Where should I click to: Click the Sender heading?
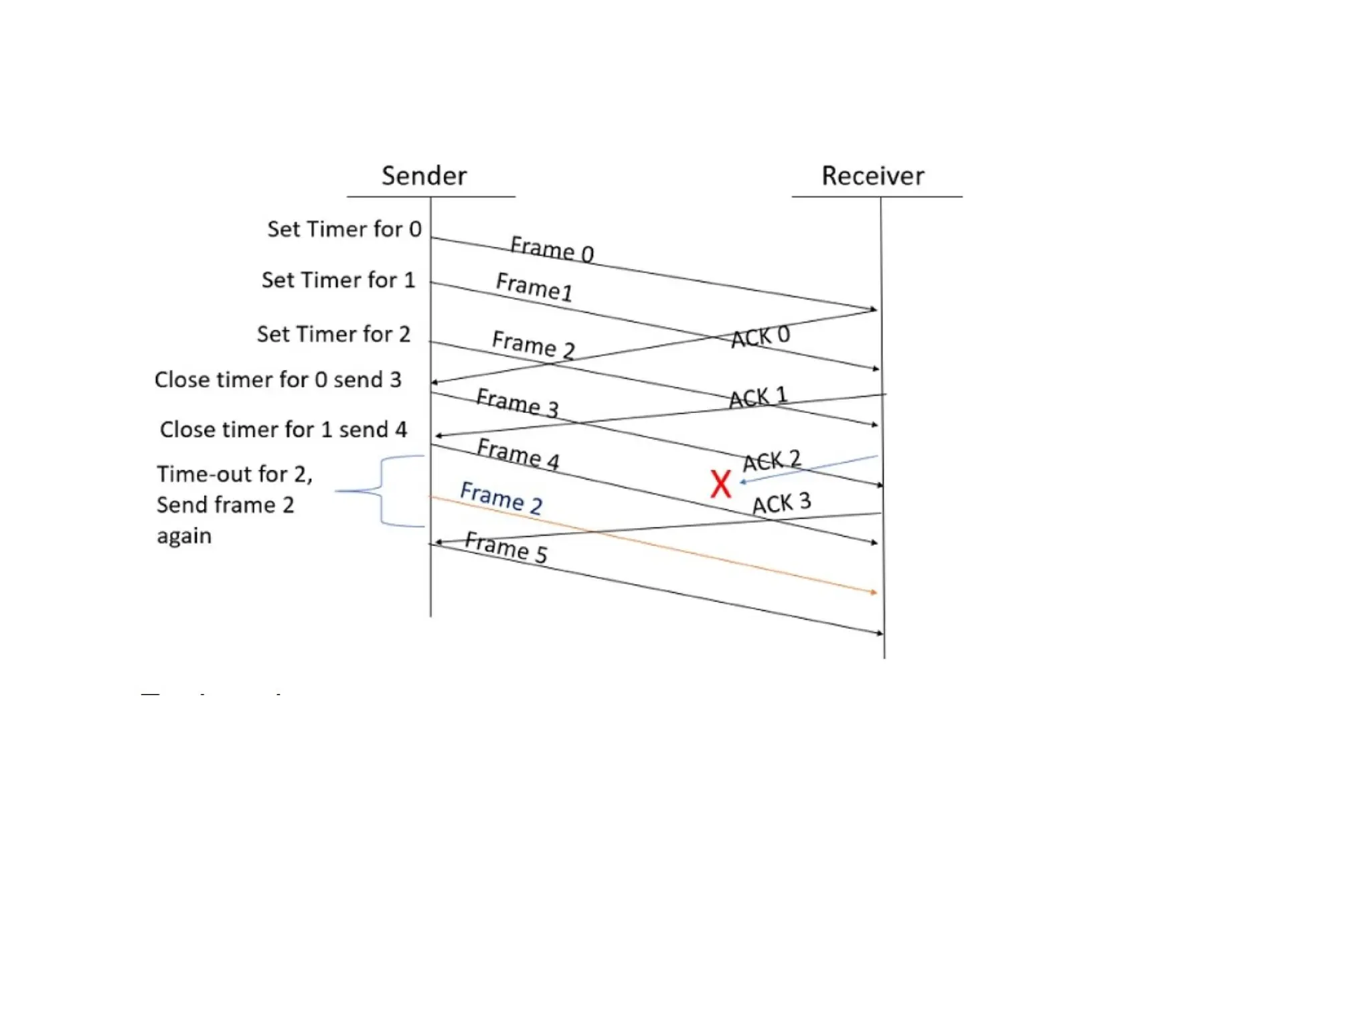pos(424,175)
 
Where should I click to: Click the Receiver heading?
pos(872,175)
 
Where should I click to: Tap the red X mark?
pos(720,483)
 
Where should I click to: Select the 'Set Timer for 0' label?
pos(344,229)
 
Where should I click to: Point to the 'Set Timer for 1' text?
pos(338,280)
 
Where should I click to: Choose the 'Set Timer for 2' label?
pos(333,333)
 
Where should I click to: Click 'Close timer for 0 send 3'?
pos(278,379)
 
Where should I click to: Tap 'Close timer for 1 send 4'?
pos(283,429)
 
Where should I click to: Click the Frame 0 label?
pos(552,249)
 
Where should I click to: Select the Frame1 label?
pos(534,286)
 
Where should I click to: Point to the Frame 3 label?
pos(517,402)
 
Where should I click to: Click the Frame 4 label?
pos(517,453)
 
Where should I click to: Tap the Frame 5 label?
pos(506,547)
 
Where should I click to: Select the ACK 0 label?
pos(760,336)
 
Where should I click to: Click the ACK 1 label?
pos(758,397)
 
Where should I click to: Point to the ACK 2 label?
pos(771,460)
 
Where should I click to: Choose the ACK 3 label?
pos(781,503)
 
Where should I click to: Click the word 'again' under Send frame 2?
pos(184,536)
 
